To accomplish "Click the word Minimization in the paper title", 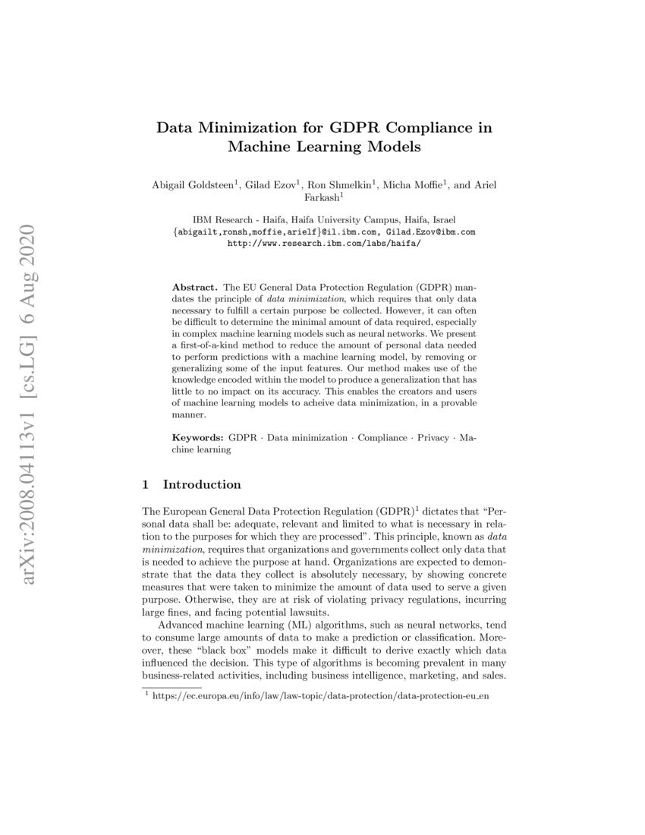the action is coord(243,128).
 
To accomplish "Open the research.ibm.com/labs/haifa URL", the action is coord(323,244).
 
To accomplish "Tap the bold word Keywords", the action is coord(198,438).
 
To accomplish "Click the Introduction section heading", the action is coord(202,484).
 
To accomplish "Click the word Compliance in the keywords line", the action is coord(382,438).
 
